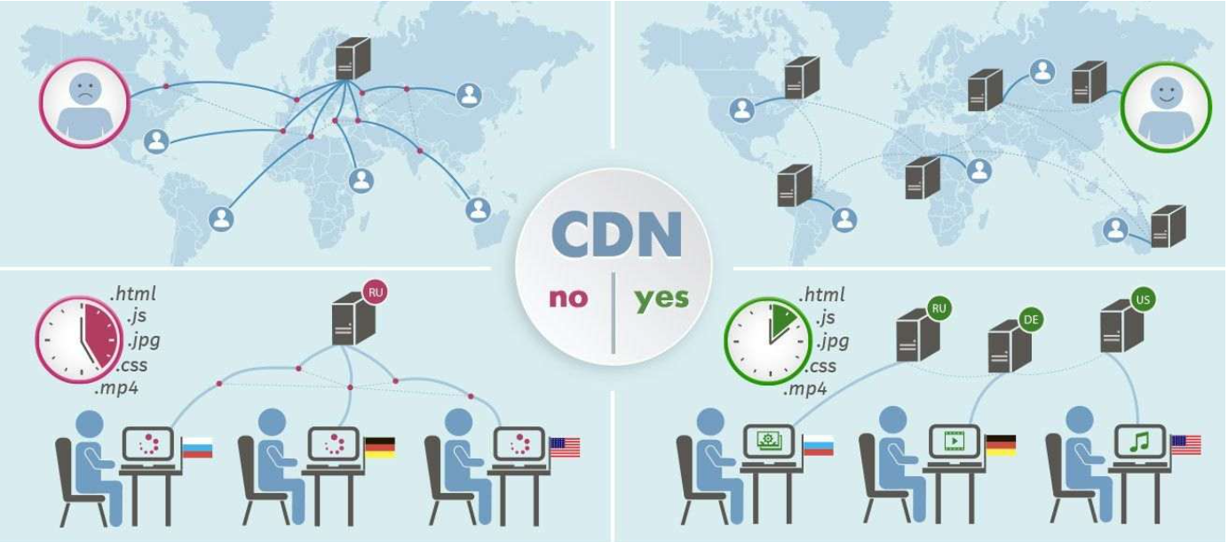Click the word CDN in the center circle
(616, 235)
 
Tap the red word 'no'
(568, 299)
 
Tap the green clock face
(768, 341)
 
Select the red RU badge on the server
(376, 292)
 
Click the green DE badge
(1031, 320)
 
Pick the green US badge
(1143, 299)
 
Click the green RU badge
(939, 309)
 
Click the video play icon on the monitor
(954, 441)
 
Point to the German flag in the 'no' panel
(380, 447)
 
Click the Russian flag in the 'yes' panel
(819, 445)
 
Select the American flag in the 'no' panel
(565, 447)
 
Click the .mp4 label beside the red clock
(116, 389)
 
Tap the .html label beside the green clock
(821, 295)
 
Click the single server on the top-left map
(353, 58)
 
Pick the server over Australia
(1169, 226)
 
